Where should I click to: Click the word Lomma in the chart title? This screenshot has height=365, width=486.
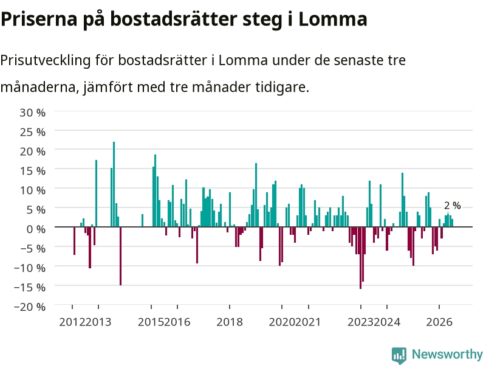click(x=332, y=19)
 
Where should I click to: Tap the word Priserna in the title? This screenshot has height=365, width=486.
click(x=39, y=19)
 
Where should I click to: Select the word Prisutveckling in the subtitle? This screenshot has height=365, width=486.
click(x=45, y=60)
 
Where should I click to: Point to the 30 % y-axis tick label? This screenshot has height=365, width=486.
click(x=33, y=113)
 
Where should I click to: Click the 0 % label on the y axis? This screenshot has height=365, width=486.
click(x=36, y=229)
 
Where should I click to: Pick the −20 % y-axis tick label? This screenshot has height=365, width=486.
click(x=30, y=307)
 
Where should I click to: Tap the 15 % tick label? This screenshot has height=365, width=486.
click(x=33, y=171)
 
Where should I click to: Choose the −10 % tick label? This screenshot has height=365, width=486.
click(x=30, y=268)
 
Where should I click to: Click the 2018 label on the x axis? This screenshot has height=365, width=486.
click(x=230, y=322)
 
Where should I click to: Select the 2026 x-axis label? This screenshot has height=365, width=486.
click(x=439, y=322)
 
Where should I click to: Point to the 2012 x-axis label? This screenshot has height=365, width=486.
click(x=72, y=322)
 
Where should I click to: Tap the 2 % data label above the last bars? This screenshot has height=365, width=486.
click(x=452, y=206)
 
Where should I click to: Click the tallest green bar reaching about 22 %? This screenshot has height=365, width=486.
click(x=114, y=184)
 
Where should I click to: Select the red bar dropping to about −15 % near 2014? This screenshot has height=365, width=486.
click(x=120, y=256)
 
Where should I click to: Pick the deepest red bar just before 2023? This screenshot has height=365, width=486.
click(x=360, y=258)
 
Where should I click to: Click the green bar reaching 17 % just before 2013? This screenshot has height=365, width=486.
click(x=97, y=193)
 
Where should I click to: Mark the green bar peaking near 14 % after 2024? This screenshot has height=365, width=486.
click(x=402, y=200)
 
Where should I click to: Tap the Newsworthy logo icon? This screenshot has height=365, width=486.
click(x=399, y=355)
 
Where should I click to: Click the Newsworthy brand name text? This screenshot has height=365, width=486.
click(x=447, y=354)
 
